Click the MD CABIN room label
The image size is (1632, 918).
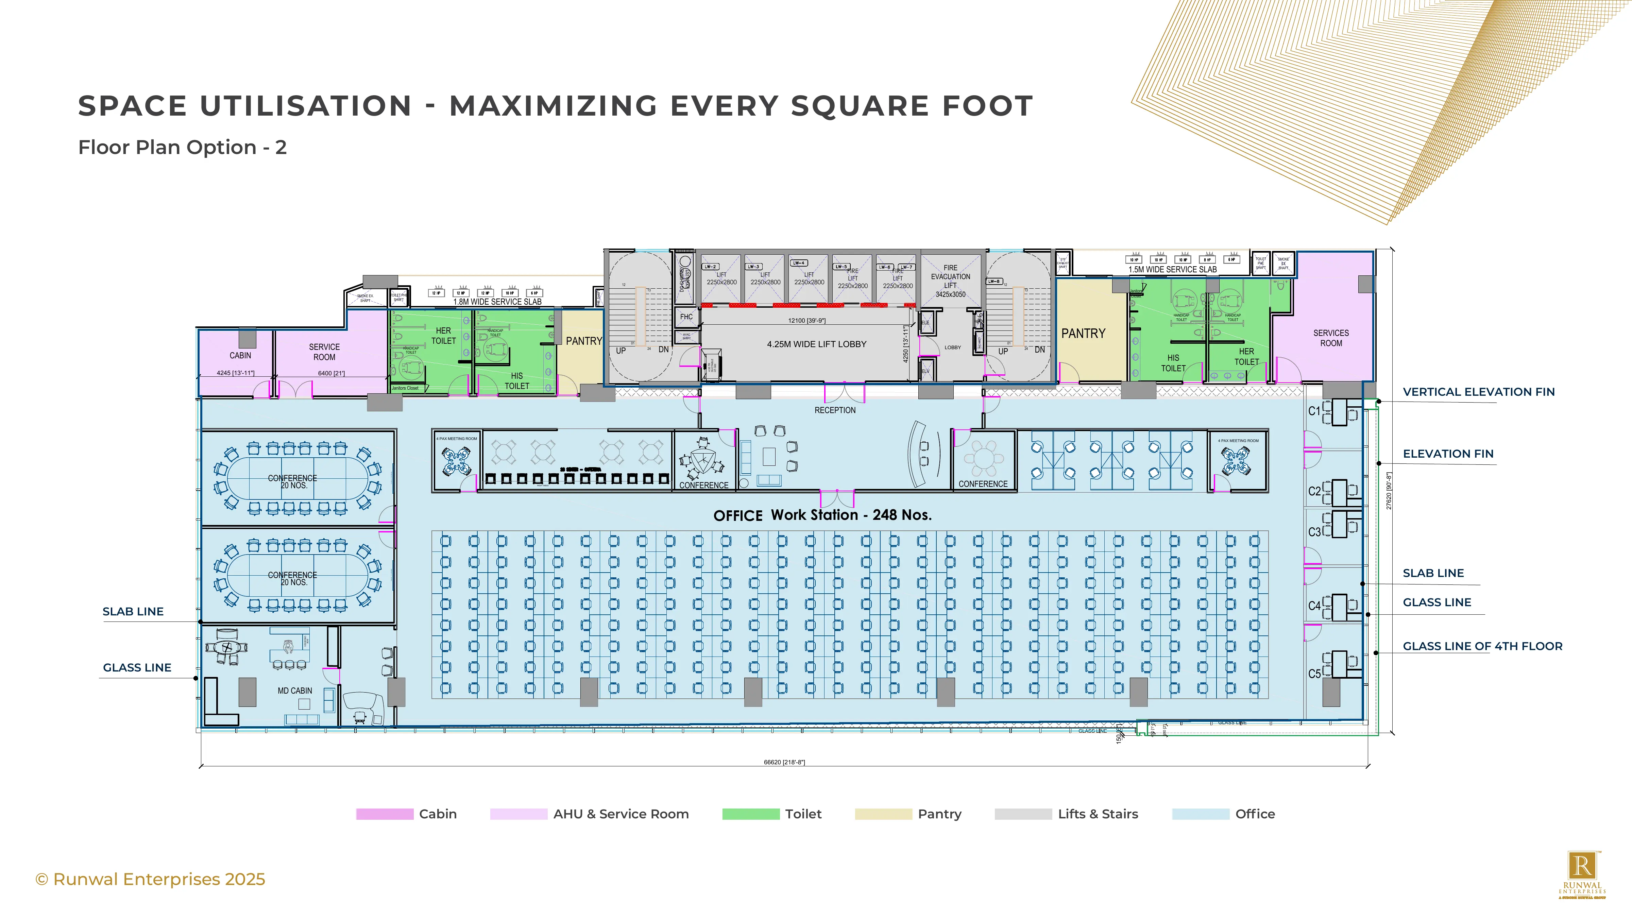pos(294,691)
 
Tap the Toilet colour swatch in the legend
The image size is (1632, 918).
pos(751,814)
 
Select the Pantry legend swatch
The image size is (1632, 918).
pos(883,814)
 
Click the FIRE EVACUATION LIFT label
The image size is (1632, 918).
pos(950,280)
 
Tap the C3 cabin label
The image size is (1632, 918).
pos(1314,532)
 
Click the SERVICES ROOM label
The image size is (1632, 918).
pos(1331,338)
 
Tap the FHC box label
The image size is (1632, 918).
pos(686,317)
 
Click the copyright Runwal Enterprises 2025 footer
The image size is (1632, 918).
pos(150,879)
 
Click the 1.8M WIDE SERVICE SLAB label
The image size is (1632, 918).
pos(497,302)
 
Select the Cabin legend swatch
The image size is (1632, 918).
pos(385,814)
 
